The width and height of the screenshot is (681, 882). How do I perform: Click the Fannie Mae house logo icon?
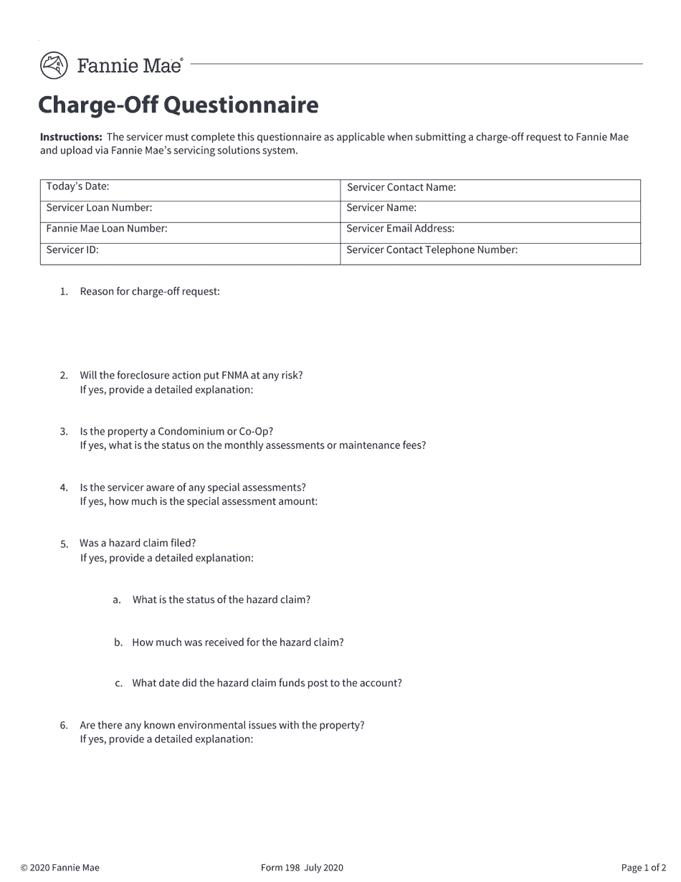pyautogui.click(x=54, y=65)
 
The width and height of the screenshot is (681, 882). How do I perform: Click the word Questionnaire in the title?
pyautogui.click(x=241, y=105)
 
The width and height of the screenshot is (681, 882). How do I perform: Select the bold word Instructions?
pyautogui.click(x=71, y=137)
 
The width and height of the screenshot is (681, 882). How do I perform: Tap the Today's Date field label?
pyautogui.click(x=77, y=186)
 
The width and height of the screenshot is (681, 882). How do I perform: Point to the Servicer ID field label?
pyautogui.click(x=72, y=250)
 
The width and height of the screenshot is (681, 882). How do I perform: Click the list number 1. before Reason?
pyautogui.click(x=64, y=292)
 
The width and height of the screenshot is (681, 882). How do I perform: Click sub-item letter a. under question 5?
pyautogui.click(x=117, y=600)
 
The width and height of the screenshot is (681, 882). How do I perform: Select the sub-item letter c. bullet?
pyautogui.click(x=118, y=683)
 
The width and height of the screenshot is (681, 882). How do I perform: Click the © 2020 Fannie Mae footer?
pyautogui.click(x=60, y=868)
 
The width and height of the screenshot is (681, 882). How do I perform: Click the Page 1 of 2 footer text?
pyautogui.click(x=643, y=868)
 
